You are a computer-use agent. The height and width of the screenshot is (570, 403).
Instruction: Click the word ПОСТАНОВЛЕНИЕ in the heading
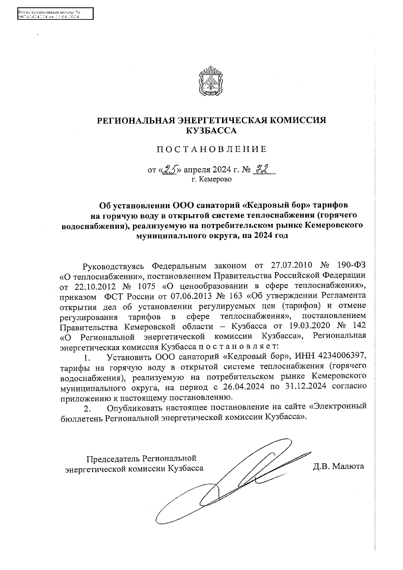pos(211,149)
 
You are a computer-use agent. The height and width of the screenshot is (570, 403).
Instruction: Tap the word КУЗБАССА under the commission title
pos(211,131)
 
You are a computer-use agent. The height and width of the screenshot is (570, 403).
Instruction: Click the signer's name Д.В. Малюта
pos(338,466)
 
